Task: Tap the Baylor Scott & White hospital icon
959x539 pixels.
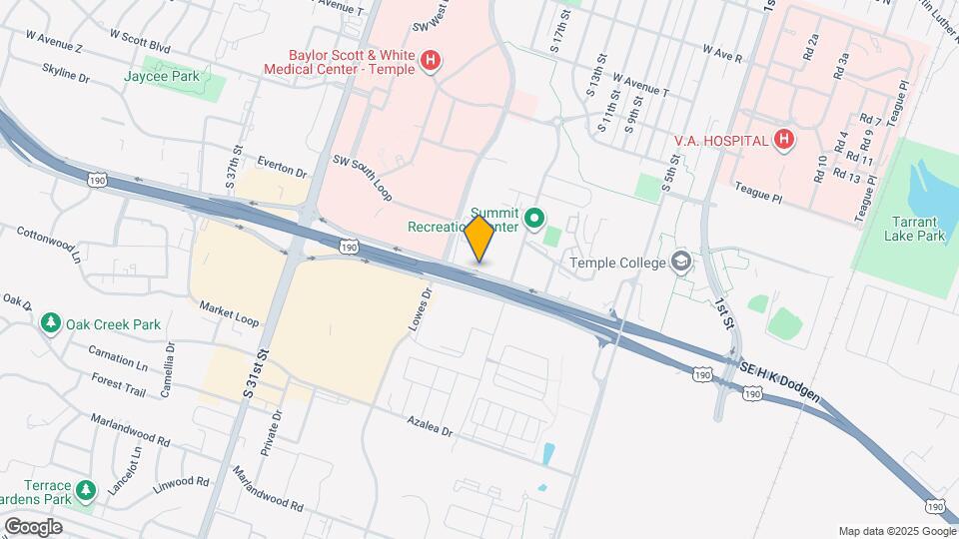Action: tap(431, 62)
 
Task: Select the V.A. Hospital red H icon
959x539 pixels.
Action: tap(784, 140)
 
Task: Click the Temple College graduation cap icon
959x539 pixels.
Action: tap(682, 262)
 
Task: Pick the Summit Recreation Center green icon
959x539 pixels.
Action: tap(534, 217)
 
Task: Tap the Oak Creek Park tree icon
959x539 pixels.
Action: tap(51, 323)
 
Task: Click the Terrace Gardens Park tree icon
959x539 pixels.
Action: tap(87, 489)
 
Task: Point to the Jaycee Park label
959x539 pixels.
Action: tap(162, 76)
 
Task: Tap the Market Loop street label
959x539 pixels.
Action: tap(229, 312)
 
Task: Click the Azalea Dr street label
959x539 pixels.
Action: tap(430, 427)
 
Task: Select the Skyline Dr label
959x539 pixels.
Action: tap(66, 72)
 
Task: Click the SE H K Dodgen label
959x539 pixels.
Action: tap(782, 383)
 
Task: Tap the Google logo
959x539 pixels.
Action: tap(33, 526)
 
